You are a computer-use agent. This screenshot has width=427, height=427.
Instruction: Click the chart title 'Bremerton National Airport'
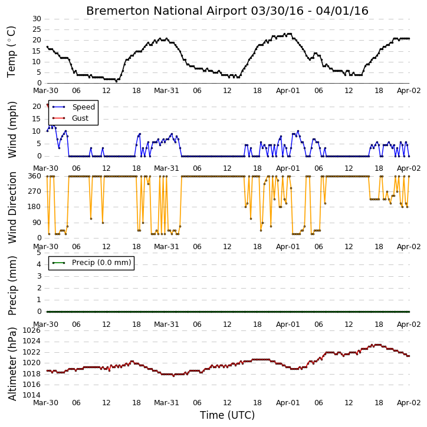pyautogui.click(x=166, y=11)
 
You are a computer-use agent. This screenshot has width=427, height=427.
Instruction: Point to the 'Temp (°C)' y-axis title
pyautogui.click(x=11, y=52)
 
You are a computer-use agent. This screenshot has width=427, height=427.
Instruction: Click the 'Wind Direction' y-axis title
pyautogui.click(x=12, y=207)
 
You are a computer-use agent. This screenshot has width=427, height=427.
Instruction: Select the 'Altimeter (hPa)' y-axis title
pyautogui.click(x=12, y=364)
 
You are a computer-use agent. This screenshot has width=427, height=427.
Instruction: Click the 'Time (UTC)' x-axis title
pyautogui.click(x=227, y=415)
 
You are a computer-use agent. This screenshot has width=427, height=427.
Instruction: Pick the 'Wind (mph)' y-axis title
pyautogui.click(x=12, y=130)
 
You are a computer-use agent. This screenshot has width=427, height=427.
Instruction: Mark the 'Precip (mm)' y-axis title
pyautogui.click(x=12, y=286)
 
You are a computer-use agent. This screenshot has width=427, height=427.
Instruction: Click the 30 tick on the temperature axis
pyautogui.click(x=37, y=19)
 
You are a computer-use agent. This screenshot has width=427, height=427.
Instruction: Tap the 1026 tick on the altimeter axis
pyautogui.click(x=31, y=330)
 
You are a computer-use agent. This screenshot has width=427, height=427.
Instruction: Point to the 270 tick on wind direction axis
pyautogui.click(x=35, y=191)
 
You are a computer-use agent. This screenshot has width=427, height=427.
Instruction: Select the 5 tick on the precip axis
pyautogui.click(x=39, y=253)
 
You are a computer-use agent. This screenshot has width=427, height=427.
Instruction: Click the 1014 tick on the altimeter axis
pyautogui.click(x=31, y=395)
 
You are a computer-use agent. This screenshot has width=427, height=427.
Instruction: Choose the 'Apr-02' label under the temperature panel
pyautogui.click(x=409, y=91)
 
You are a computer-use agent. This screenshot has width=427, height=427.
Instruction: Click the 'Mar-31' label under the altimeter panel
pyautogui.click(x=166, y=403)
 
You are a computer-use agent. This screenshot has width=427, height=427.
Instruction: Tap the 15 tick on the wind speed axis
pyautogui.click(x=37, y=119)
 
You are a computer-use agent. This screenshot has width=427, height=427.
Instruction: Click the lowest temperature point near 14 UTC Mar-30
pyautogui.click(x=116, y=81)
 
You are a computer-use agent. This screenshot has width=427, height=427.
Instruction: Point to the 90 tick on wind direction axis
pyautogui.click(x=37, y=223)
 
